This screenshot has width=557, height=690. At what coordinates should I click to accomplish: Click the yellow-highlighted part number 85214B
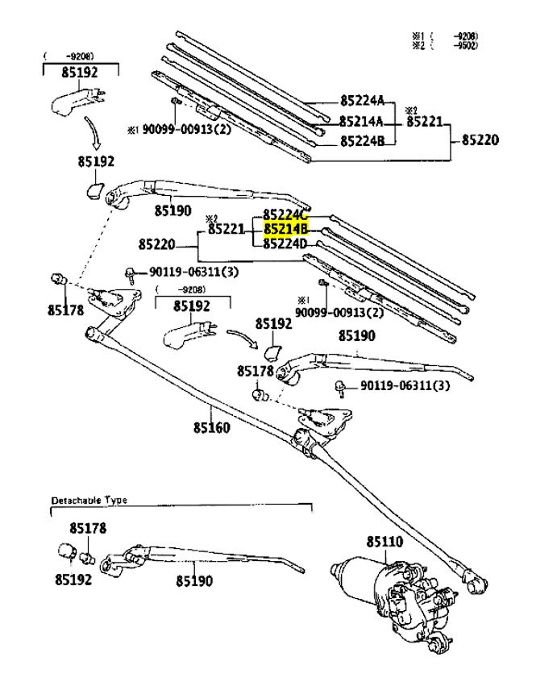tap(286, 230)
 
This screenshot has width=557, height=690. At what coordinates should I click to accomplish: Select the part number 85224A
tap(362, 102)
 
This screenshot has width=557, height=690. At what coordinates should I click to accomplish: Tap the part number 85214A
tap(361, 122)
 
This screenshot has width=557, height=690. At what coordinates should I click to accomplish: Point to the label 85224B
tap(362, 142)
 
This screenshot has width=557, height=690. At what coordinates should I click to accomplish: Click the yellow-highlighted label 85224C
tap(286, 215)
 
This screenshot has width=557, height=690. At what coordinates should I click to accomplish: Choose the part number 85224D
tap(286, 243)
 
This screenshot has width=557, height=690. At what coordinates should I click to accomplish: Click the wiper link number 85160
tap(211, 427)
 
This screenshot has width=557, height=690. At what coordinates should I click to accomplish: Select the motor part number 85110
tap(384, 542)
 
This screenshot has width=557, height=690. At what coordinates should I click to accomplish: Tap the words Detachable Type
tap(89, 501)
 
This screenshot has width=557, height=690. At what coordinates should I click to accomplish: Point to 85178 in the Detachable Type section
tap(88, 529)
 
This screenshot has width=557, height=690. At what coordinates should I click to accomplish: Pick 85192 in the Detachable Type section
tap(74, 579)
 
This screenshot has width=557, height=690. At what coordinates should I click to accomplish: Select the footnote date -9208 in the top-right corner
tap(464, 36)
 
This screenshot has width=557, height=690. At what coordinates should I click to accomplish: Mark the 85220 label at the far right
tap(480, 140)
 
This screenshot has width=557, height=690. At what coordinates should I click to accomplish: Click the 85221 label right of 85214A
tap(425, 122)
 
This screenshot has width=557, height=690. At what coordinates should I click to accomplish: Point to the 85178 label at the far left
tap(65, 309)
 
